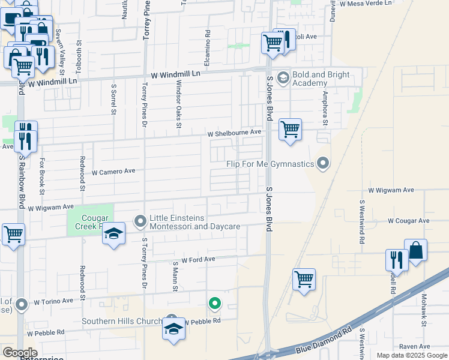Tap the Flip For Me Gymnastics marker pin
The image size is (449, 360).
tap(323, 163)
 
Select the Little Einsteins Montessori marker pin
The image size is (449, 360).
tap(140, 222)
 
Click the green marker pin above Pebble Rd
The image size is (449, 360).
tap(214, 304)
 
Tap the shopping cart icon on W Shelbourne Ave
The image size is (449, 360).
tap(290, 129)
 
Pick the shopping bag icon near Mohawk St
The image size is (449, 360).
tap(415, 250)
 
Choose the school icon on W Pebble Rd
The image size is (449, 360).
tap(173, 329)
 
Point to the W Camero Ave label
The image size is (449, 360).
tap(113, 172)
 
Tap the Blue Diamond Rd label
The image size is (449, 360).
tap(325, 341)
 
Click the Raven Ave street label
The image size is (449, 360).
tap(415, 346)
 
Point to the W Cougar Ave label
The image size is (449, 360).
tap(408, 221)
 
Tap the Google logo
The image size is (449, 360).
tap(19, 353)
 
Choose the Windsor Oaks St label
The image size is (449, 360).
tap(178, 109)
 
